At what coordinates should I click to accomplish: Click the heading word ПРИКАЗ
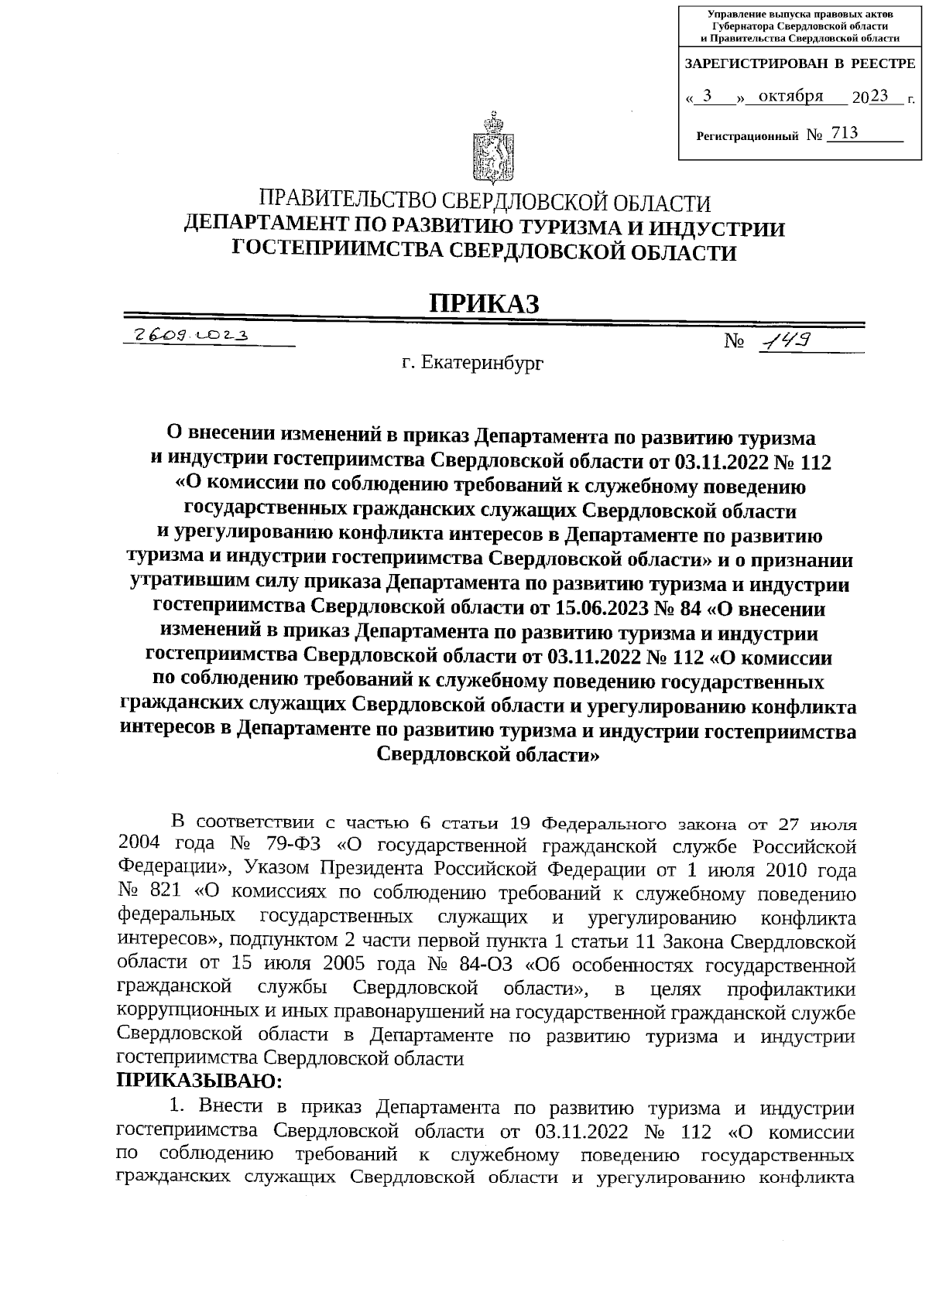tap(485, 303)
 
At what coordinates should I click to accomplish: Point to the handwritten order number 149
tap(783, 340)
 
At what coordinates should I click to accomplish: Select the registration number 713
tap(843, 133)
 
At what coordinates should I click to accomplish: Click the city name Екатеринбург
tap(483, 361)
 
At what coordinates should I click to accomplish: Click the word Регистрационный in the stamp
tap(747, 136)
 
